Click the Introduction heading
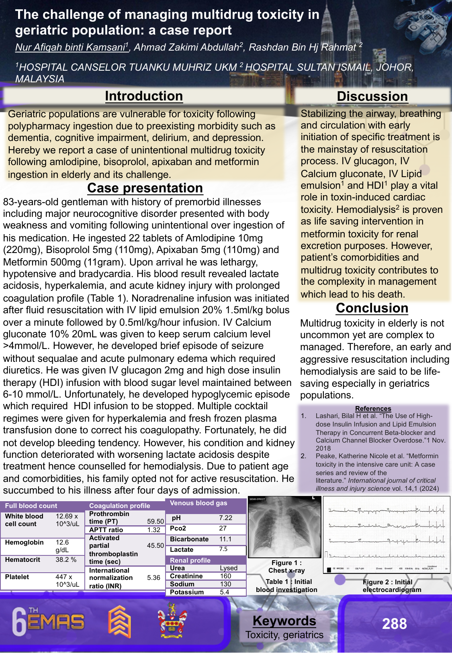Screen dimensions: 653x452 [x=144, y=96]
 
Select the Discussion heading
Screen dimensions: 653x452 [x=372, y=96]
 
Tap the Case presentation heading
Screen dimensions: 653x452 [x=145, y=188]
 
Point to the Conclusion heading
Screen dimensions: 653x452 [x=372, y=308]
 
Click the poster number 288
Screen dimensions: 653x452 [x=394, y=624]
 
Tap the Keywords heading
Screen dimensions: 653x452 [x=284, y=621]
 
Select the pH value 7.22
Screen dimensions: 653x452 [x=225, y=518]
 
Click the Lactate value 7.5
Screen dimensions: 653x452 [x=223, y=549]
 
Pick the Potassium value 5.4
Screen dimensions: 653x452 [x=224, y=592]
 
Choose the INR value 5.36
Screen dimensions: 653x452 [x=153, y=577]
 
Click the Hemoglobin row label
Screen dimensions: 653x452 [x=24, y=542]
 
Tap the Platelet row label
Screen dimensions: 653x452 [x=17, y=577]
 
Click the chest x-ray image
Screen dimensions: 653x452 [x=284, y=527]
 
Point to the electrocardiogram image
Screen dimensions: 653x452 [x=387, y=535]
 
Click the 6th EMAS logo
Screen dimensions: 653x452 [x=48, y=622]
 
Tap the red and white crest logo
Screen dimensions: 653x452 [x=172, y=621]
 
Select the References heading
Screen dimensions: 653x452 [x=373, y=408]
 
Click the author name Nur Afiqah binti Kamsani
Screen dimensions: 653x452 [x=71, y=47]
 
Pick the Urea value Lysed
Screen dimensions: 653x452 [x=229, y=568]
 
